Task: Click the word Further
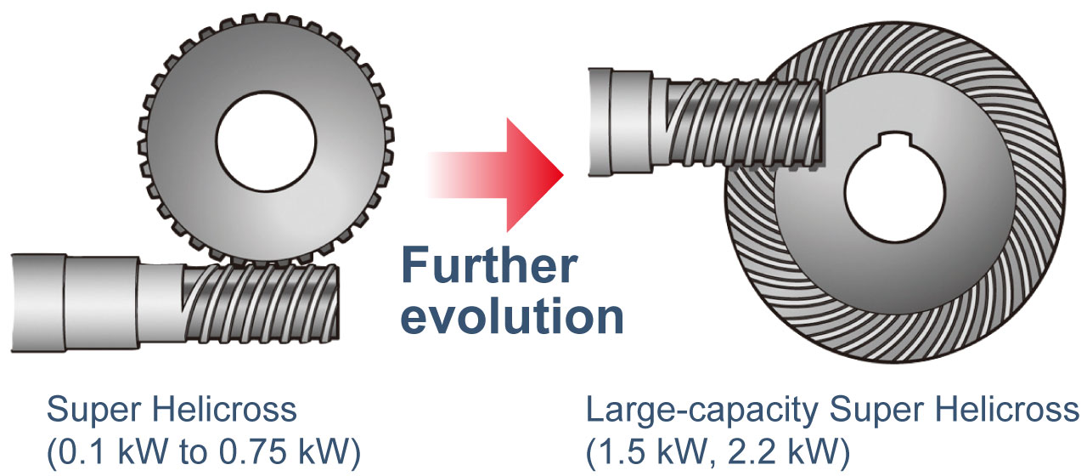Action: tap(487, 266)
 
